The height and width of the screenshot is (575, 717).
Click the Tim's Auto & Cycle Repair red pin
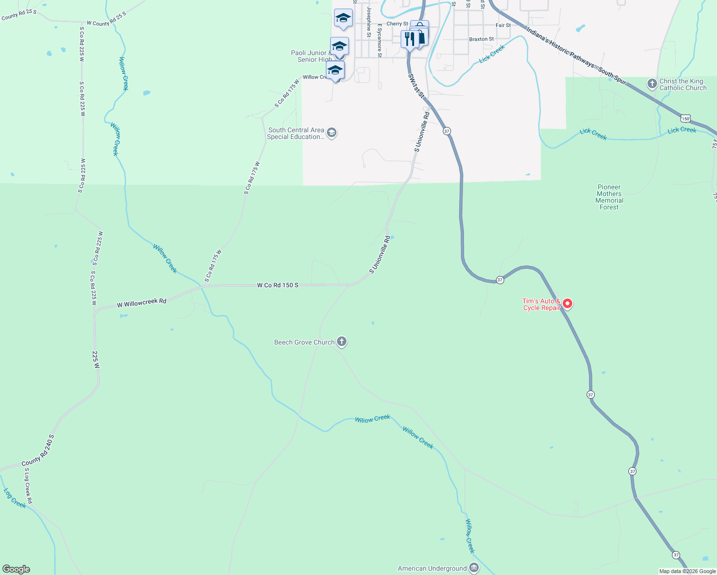pos(567,304)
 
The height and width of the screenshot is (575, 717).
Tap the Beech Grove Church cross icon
pos(342,342)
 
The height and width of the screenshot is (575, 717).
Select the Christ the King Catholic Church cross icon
pos(652,84)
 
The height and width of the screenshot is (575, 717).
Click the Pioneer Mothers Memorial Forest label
pos(609,197)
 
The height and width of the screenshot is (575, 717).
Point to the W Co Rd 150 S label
pos(278,285)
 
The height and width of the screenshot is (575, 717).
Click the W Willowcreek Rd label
pos(141,302)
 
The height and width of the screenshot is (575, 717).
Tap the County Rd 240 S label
pos(38,450)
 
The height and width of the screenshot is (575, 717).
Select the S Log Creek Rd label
pos(28,486)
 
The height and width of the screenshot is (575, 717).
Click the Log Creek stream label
pos(15,498)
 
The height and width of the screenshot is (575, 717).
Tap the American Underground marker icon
pos(474,568)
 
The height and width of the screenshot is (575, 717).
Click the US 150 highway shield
pos(686,118)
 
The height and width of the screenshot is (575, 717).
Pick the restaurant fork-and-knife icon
pos(410,39)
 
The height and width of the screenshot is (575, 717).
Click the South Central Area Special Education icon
pos(332,133)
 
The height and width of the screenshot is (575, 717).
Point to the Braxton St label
pos(481,39)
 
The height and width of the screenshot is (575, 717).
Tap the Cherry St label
pos(397,23)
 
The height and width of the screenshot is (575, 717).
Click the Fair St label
pos(503,25)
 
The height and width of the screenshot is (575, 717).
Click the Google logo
pos(16,569)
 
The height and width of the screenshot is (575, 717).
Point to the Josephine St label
pos(369,22)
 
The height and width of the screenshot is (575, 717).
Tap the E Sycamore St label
pos(379,41)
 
